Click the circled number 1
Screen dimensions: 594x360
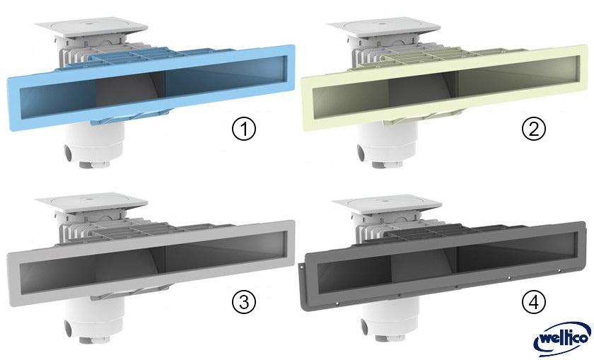244,129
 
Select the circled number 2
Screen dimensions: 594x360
534,129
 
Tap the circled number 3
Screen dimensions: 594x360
244,302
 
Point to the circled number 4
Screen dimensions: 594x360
534,302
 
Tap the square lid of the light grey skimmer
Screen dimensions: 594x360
91,202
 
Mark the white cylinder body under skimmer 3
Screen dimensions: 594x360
95,318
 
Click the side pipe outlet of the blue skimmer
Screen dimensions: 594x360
69,153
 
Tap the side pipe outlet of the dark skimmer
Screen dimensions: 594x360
364,326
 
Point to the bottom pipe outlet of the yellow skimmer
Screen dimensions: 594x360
388,165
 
